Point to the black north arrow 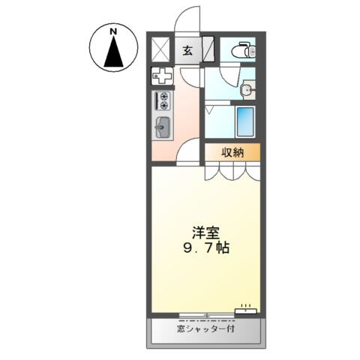pyautogui.click(x=114, y=53)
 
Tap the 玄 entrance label pyautogui.click(x=187, y=50)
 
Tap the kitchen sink pyautogui.click(x=162, y=127)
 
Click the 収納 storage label pyautogui.click(x=232, y=152)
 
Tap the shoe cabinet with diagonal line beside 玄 pyautogui.click(x=210, y=50)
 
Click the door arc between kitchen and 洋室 pyautogui.click(x=191, y=152)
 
